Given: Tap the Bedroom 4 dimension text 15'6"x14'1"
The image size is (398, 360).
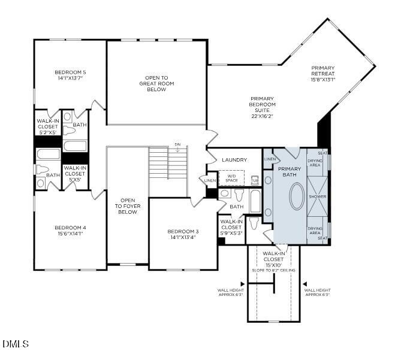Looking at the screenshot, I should [71, 234].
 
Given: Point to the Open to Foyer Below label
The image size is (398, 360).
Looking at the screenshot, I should [127, 206].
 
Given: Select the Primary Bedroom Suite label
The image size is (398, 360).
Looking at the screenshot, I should [262, 105].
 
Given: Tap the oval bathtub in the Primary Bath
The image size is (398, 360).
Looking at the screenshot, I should [297, 196].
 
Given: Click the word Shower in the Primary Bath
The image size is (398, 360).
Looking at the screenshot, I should [317, 196].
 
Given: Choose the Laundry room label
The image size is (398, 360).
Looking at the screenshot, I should [234, 160].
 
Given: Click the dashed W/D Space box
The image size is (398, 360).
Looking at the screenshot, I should [231, 178].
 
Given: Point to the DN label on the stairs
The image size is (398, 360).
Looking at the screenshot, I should [177, 144].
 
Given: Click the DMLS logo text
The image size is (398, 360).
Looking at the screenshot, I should [16, 344].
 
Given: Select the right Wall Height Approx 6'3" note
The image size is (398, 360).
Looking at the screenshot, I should [317, 292].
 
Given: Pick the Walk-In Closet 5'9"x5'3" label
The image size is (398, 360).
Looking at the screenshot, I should [231, 228].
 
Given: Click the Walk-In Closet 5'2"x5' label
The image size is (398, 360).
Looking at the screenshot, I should [47, 127].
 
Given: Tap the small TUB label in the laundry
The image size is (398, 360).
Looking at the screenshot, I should [255, 180].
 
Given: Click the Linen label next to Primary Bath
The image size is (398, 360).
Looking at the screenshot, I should [270, 159].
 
